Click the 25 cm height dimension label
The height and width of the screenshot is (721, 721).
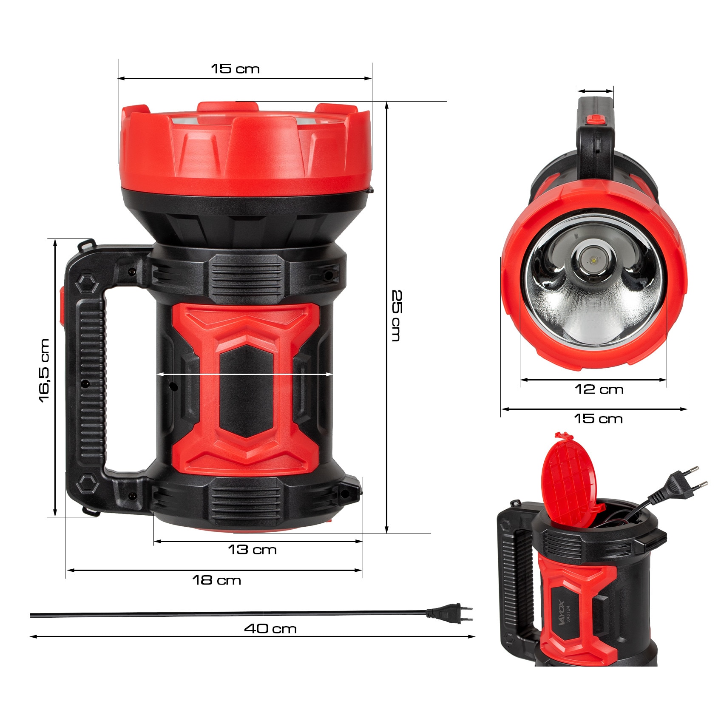[396, 315]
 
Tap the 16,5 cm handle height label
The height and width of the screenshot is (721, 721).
[44, 370]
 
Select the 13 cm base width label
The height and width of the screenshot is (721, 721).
[252, 550]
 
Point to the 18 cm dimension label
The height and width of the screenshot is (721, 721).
[217, 580]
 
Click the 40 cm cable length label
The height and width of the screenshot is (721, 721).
[270, 629]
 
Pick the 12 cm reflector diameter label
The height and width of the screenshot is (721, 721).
[599, 389]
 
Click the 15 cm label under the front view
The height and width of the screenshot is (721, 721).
[598, 419]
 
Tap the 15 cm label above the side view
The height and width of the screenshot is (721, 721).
[235, 69]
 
